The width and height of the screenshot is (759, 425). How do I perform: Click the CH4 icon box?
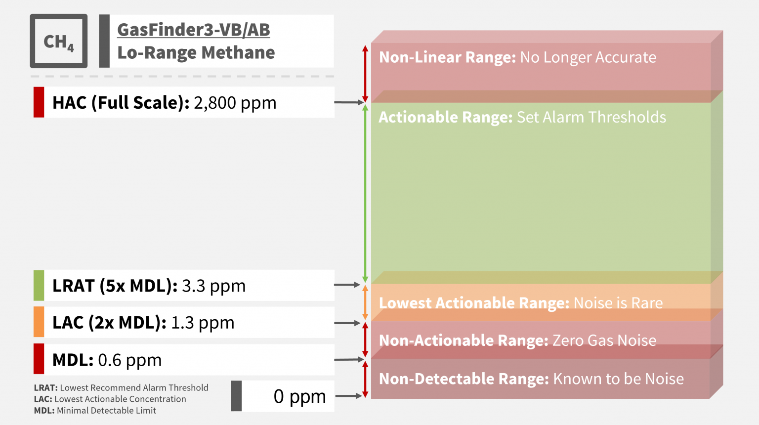tap(59, 41)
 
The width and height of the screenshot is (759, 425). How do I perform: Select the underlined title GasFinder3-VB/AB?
tap(194, 30)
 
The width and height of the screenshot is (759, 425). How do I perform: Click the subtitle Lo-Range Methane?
tap(196, 52)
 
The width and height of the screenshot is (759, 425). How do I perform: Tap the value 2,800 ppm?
tap(235, 103)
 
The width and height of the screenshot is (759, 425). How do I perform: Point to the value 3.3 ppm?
tap(213, 286)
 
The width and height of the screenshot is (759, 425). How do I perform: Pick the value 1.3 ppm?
tap(203, 323)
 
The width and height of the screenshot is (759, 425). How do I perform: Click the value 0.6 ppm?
tap(130, 360)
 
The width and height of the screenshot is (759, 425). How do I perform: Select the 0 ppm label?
tap(299, 396)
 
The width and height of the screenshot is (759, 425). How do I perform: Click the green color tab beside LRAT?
tap(39, 285)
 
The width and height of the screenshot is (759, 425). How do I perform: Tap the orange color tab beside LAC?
tap(39, 322)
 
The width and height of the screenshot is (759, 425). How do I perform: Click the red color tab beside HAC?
tap(39, 102)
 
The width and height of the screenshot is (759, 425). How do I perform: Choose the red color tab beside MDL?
tap(39, 359)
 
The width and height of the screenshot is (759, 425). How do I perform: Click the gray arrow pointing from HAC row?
tap(349, 102)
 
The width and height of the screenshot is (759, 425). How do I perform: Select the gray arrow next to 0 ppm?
tap(349, 396)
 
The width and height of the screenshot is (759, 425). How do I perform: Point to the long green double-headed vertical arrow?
tap(365, 193)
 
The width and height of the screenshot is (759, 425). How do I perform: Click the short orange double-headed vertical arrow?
tap(365, 302)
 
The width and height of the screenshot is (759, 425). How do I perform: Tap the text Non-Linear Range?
tap(447, 57)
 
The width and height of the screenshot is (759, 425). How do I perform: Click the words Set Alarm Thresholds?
tap(591, 117)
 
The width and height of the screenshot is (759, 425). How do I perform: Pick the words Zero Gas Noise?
tap(604, 340)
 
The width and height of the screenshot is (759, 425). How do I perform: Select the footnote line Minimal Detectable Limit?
tap(95, 411)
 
